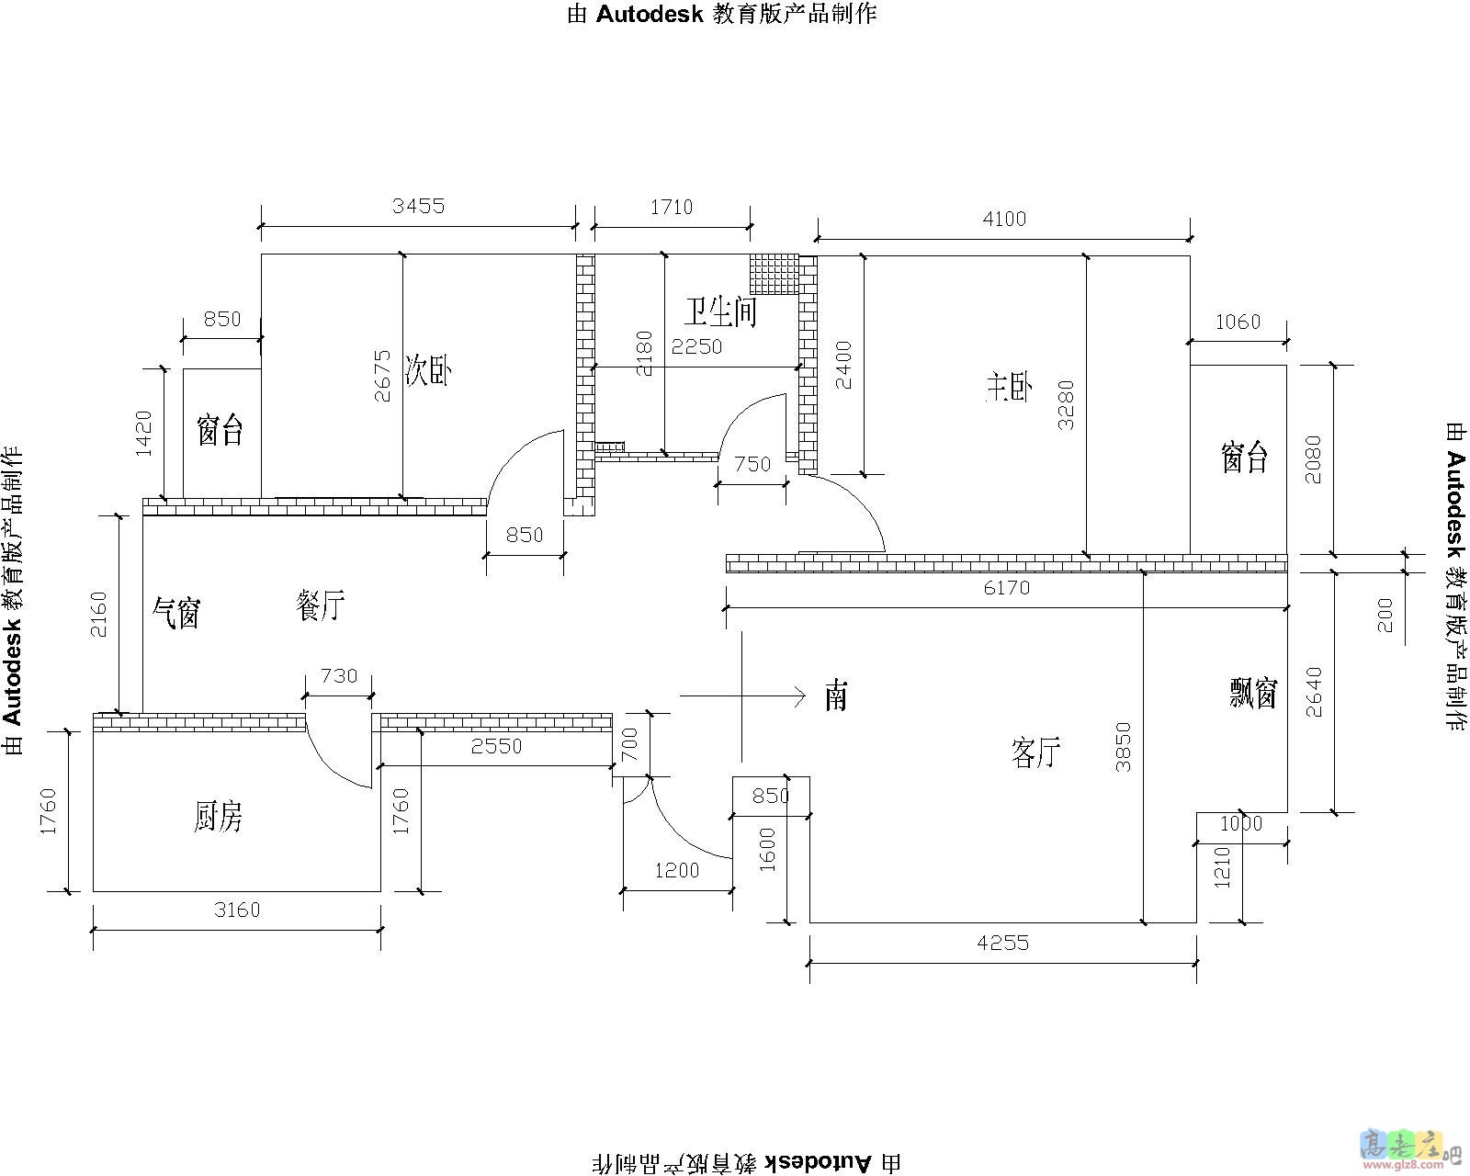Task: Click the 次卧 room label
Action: tap(427, 370)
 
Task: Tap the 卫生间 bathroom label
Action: tap(720, 311)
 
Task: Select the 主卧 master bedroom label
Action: tap(1009, 387)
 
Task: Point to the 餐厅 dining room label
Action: tap(321, 605)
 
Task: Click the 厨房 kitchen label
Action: tap(219, 816)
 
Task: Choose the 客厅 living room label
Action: tap(1035, 753)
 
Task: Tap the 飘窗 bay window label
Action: tap(1253, 693)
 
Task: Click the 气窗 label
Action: tap(176, 612)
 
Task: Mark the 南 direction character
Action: tap(836, 696)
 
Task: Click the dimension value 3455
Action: tap(418, 206)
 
